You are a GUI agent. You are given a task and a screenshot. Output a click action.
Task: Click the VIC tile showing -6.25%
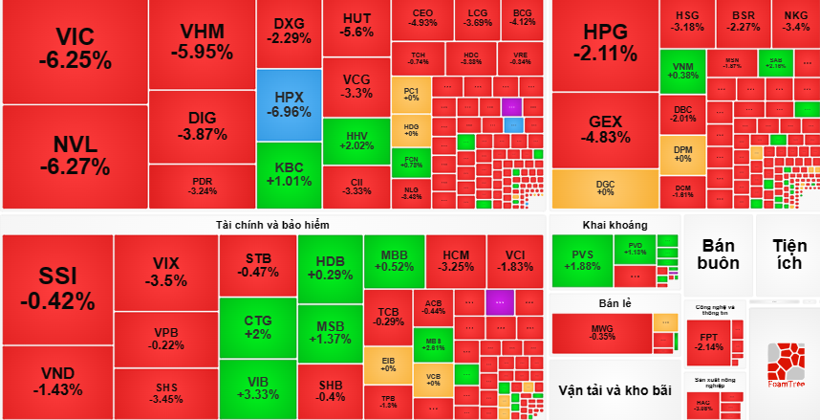[75, 50]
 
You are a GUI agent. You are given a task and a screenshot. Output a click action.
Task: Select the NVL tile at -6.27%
[75, 155]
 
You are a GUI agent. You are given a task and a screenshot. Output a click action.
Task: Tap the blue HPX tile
[289, 104]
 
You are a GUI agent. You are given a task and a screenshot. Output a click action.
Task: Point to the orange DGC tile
[605, 188]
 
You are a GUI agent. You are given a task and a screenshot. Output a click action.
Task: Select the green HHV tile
[356, 142]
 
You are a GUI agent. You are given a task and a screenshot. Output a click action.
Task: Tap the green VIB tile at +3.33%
[258, 387]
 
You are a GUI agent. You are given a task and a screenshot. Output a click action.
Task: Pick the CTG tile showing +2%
[258, 326]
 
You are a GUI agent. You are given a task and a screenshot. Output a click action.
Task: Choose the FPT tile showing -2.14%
[708, 343]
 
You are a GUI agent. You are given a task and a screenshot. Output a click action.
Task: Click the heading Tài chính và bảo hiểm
[273, 224]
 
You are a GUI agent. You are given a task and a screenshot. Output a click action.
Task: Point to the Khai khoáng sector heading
[615, 225]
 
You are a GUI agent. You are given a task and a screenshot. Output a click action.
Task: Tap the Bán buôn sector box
[716, 254]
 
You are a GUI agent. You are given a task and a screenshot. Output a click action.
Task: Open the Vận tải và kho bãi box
[615, 390]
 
